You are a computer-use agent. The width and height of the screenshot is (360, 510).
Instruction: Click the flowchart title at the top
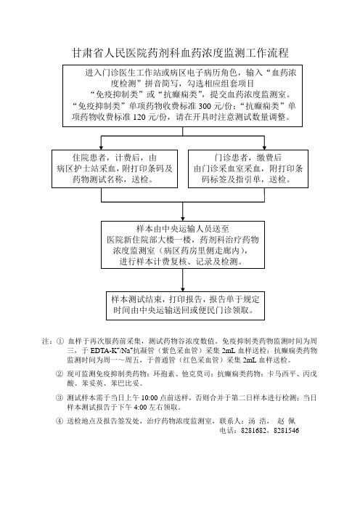180,53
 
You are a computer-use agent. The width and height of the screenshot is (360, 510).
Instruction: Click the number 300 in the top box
205,106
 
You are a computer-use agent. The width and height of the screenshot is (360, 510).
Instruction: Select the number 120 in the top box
139,117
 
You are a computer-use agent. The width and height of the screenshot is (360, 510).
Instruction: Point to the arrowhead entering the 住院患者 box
102,147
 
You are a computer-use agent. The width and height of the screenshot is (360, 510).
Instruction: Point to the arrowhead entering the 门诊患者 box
264,147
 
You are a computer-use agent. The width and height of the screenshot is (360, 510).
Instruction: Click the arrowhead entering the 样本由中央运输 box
183,219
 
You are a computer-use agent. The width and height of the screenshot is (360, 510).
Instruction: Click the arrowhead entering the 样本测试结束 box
183,289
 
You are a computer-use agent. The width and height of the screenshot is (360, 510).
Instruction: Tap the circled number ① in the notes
60,341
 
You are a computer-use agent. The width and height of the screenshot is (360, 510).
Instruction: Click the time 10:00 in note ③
150,398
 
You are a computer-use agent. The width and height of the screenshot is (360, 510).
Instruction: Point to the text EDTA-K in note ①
102,351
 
